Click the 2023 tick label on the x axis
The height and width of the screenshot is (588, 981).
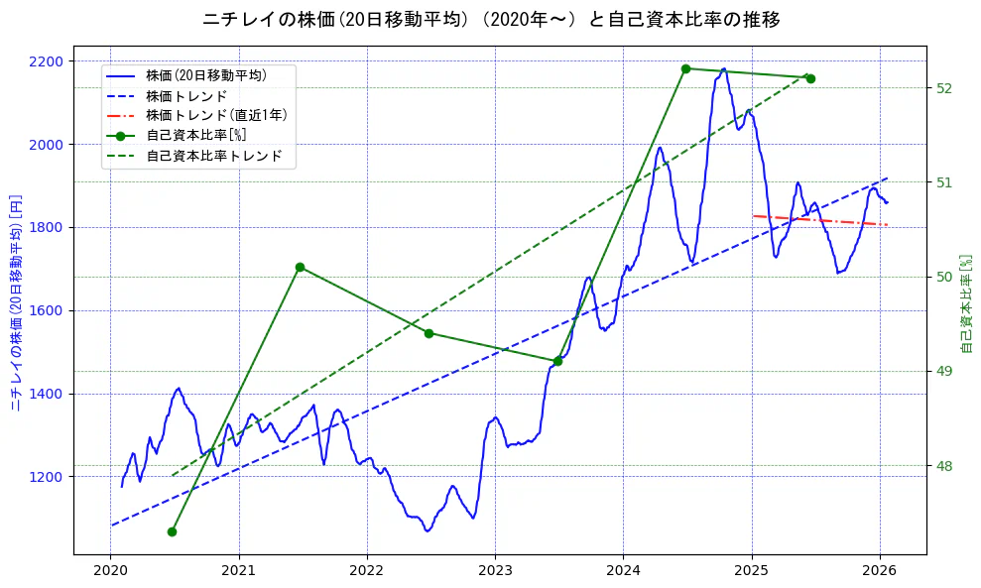tap(494, 570)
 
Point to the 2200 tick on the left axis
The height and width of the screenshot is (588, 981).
tap(47, 61)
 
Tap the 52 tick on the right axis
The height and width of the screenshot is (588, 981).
tap(944, 88)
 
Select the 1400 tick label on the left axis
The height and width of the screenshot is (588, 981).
tap(47, 394)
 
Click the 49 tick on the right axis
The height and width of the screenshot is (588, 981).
tap(944, 372)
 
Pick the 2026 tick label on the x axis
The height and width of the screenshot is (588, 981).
tap(880, 570)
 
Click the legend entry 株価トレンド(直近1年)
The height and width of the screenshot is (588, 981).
tap(216, 115)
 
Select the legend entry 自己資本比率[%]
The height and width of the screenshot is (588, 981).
tap(195, 136)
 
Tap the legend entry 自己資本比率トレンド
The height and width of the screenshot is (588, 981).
tap(213, 156)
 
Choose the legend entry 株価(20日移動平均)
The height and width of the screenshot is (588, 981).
tap(205, 74)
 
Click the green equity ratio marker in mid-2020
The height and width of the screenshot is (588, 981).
tap(172, 531)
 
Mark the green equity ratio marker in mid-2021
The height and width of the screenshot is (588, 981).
tap(300, 267)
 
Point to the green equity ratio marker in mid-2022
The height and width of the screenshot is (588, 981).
tap(429, 333)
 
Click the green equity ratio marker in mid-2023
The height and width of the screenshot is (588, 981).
tap(557, 361)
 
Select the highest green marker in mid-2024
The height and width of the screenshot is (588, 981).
tap(685, 68)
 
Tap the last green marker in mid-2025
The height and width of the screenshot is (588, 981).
tap(810, 78)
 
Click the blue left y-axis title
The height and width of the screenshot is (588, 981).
tap(16, 302)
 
